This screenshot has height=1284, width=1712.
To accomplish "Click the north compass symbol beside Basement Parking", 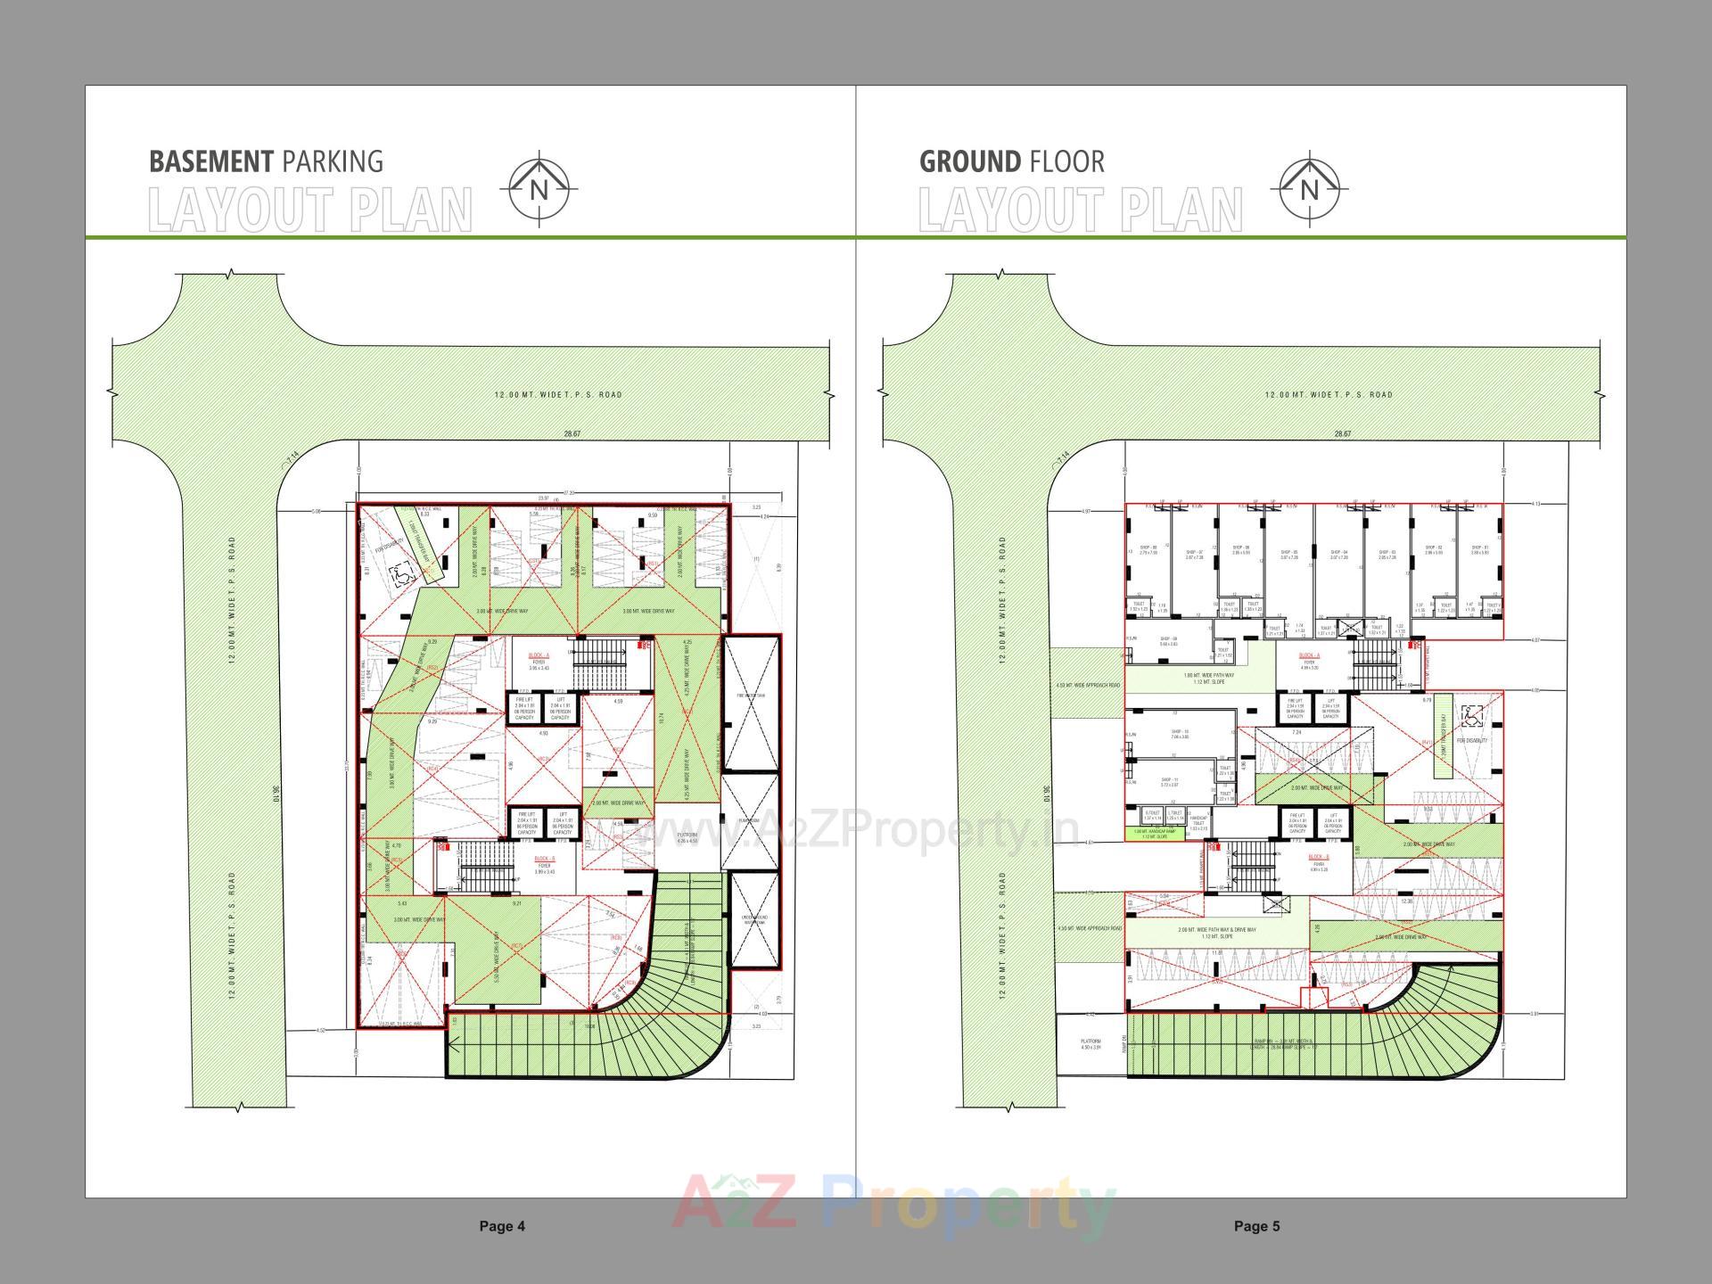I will tap(539, 189).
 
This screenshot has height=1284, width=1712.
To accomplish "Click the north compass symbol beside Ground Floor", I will tap(1309, 189).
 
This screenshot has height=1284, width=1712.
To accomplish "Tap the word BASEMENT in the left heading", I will tap(210, 161).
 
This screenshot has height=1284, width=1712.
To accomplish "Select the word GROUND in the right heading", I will tap(969, 161).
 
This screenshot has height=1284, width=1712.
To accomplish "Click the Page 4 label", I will tap(502, 1226).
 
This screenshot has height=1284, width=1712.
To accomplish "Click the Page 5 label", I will tap(1256, 1226).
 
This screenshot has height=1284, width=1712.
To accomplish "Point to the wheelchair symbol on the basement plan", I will tap(402, 576).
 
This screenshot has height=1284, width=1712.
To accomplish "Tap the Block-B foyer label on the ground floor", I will tap(1319, 861).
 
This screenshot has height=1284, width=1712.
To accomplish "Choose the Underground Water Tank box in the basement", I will tap(754, 920).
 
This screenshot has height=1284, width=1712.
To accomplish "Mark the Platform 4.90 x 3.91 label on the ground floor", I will tap(1091, 1044).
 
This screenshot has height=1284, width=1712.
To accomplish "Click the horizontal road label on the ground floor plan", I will tap(1329, 394).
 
